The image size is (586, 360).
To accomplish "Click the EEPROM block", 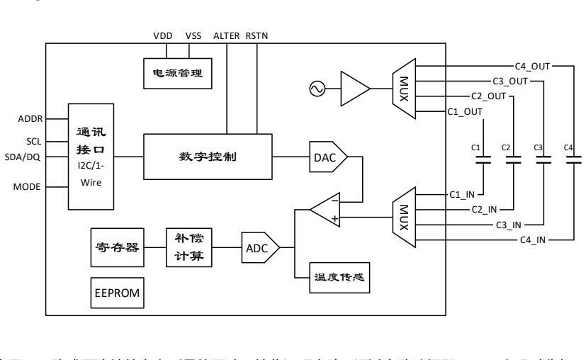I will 117,293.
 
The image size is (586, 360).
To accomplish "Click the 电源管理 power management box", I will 177,73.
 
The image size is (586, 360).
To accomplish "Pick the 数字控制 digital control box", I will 208,157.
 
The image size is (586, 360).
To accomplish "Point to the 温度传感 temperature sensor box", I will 339,277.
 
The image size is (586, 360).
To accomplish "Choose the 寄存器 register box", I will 117,247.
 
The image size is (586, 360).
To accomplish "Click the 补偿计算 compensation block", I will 189,247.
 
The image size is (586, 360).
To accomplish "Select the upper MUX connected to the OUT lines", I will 403,89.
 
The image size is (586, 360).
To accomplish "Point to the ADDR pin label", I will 30,118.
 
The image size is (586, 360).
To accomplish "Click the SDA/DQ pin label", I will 23,157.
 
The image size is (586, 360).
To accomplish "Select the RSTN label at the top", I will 257,35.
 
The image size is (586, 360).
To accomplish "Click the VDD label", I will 162,35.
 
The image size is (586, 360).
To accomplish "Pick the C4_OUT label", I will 532,66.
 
